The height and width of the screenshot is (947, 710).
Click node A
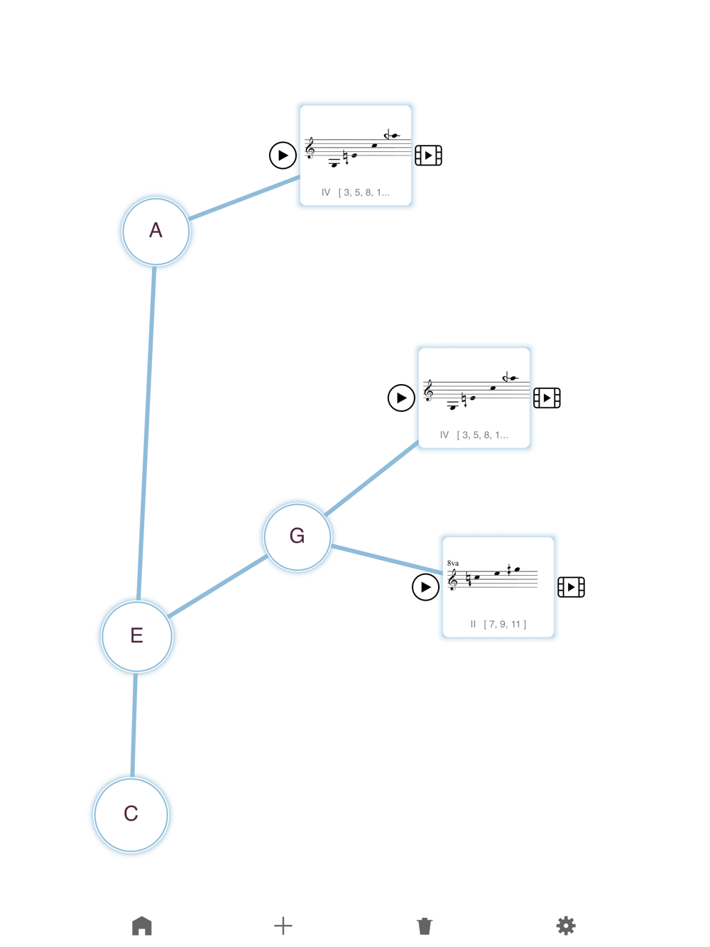click(155, 231)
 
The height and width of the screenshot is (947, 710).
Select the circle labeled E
click(137, 636)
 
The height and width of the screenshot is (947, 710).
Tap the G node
click(297, 537)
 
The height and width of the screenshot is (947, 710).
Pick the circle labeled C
click(131, 814)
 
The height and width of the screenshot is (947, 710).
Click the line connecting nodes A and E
click(146, 433)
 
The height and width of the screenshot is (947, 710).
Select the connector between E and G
click(217, 586)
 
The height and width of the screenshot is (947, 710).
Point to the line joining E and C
click(133, 725)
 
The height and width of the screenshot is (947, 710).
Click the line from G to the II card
click(387, 559)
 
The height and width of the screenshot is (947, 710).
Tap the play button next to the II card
click(425, 587)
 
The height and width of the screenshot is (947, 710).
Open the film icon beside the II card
click(571, 587)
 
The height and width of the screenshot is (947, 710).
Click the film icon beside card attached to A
click(428, 155)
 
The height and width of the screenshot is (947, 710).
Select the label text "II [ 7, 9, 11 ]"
click(498, 624)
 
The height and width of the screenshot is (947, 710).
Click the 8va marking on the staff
click(453, 563)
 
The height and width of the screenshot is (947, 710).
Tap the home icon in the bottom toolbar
click(142, 926)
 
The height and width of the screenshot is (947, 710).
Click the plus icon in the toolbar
click(283, 926)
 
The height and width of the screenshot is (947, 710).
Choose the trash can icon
click(425, 926)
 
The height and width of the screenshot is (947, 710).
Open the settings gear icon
click(566, 926)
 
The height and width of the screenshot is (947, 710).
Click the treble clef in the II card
click(452, 579)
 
